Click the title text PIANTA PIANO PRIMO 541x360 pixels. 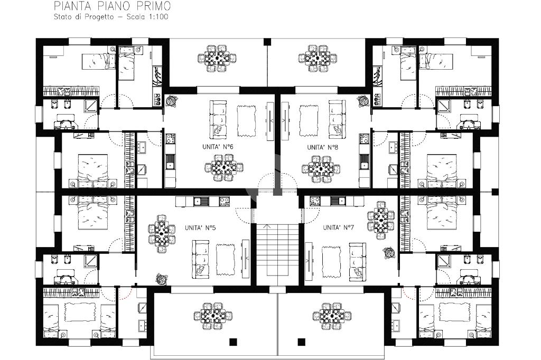click(112, 6)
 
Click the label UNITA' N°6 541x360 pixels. click(218, 147)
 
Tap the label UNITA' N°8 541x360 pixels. click(323, 147)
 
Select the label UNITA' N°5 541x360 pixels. click(200, 228)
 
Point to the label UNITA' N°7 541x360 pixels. click(339, 228)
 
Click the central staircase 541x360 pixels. click(277, 250)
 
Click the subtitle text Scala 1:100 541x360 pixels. click(147, 16)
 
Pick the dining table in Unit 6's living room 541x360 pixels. click(223, 167)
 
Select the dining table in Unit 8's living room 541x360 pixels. click(321, 169)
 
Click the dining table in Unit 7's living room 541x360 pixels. click(380, 220)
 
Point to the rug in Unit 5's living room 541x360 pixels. click(226, 259)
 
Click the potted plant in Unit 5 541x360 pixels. click(162, 279)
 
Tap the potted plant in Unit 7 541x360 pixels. click(389, 252)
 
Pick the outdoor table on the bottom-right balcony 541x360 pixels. click(332, 316)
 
